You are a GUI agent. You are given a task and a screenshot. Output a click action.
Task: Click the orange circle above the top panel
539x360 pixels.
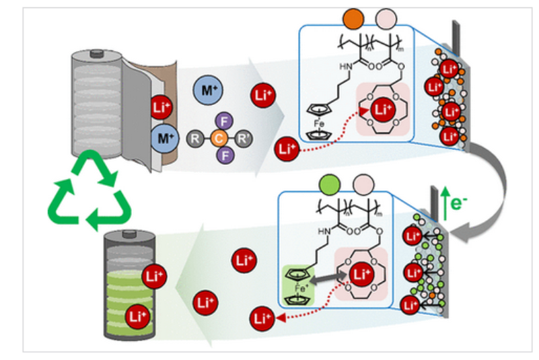(351, 15)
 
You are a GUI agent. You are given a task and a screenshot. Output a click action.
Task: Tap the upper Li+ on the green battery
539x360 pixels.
(153, 275)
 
